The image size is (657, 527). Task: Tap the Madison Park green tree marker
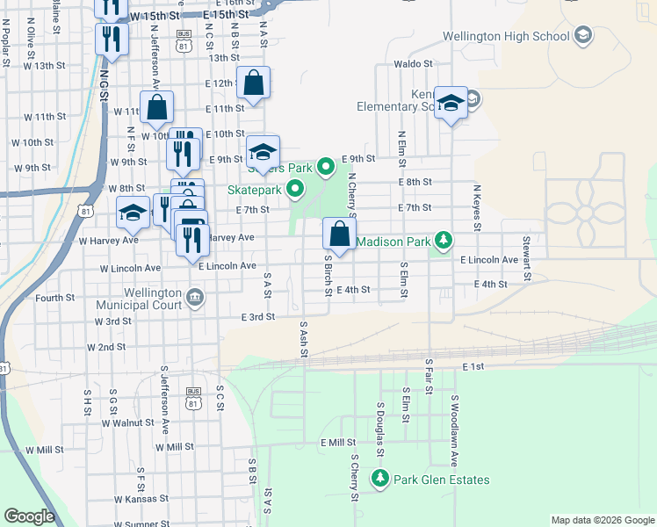pos(445,240)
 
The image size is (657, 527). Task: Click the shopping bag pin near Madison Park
pos(339,235)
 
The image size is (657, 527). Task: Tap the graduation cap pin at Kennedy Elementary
pos(451,104)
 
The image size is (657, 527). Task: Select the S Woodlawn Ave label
pos(455,424)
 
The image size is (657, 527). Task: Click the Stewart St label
pos(527,252)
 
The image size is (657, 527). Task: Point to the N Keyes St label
pos(477,206)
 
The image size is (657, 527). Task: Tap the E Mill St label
pos(337,443)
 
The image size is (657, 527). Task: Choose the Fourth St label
pos(55,298)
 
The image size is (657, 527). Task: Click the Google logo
pos(29,516)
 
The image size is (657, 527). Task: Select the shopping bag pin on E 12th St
pos(253,83)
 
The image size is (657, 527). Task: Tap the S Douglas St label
pos(381,428)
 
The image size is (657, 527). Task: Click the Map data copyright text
pos(603,520)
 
